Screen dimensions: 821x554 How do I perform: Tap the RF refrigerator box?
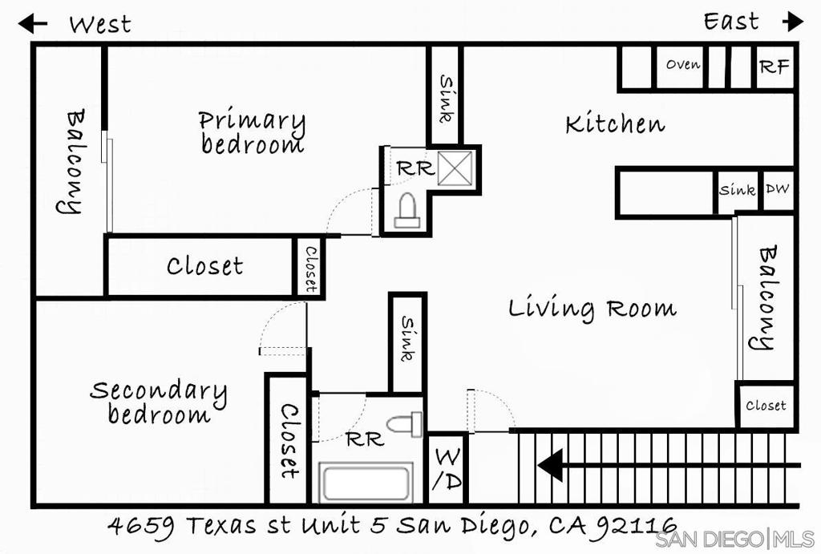coord(775,67)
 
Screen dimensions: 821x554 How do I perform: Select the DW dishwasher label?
coord(778,188)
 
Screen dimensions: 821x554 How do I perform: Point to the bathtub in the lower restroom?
coord(366,483)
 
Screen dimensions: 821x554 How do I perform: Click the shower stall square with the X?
coord(455,168)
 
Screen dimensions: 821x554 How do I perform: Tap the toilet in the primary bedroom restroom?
coord(407,210)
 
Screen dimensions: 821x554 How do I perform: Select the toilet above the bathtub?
coord(405,424)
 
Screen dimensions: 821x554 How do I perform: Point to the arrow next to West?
coord(32,23)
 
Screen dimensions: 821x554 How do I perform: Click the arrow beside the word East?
coord(793,22)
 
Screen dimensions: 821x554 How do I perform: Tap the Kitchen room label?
coord(615,124)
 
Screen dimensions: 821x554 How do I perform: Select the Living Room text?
coord(592,309)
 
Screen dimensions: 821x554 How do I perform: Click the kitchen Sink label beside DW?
coord(738,189)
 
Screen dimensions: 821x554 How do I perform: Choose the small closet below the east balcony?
coord(766,405)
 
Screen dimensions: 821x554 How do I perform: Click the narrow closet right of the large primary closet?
coord(310,266)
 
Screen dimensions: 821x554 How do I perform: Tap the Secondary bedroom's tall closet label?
coord(289,441)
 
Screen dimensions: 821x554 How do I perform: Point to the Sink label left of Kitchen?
coord(446,99)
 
